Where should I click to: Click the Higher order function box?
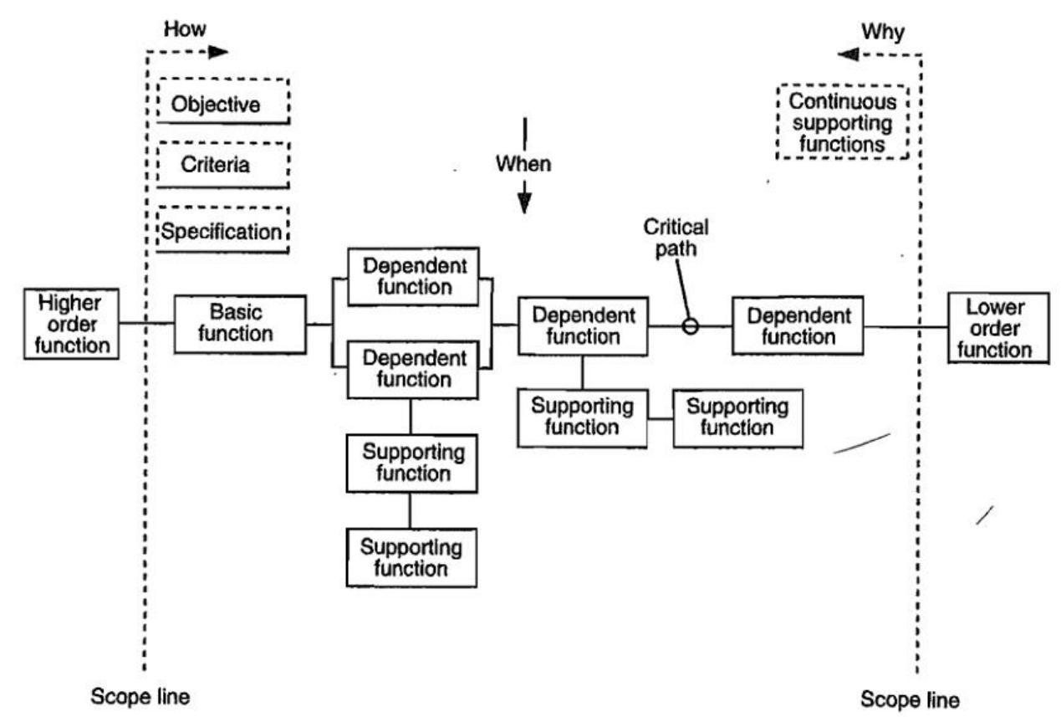click(x=71, y=323)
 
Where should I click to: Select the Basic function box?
click(x=240, y=323)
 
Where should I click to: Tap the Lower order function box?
click(x=997, y=327)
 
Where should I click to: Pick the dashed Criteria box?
click(x=222, y=164)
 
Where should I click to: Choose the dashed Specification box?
click(x=222, y=229)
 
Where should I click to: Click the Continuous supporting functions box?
click(x=842, y=123)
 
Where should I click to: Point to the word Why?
click(x=883, y=32)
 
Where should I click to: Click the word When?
click(x=523, y=162)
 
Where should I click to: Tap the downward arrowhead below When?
click(x=523, y=203)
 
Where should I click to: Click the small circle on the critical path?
click(x=690, y=326)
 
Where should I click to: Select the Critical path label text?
click(x=676, y=237)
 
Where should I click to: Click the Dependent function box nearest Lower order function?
click(x=798, y=326)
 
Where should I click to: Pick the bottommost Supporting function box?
click(x=411, y=558)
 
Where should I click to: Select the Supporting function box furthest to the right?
click(x=737, y=417)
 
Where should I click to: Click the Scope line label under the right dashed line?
click(x=911, y=699)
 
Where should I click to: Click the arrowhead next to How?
click(x=218, y=51)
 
